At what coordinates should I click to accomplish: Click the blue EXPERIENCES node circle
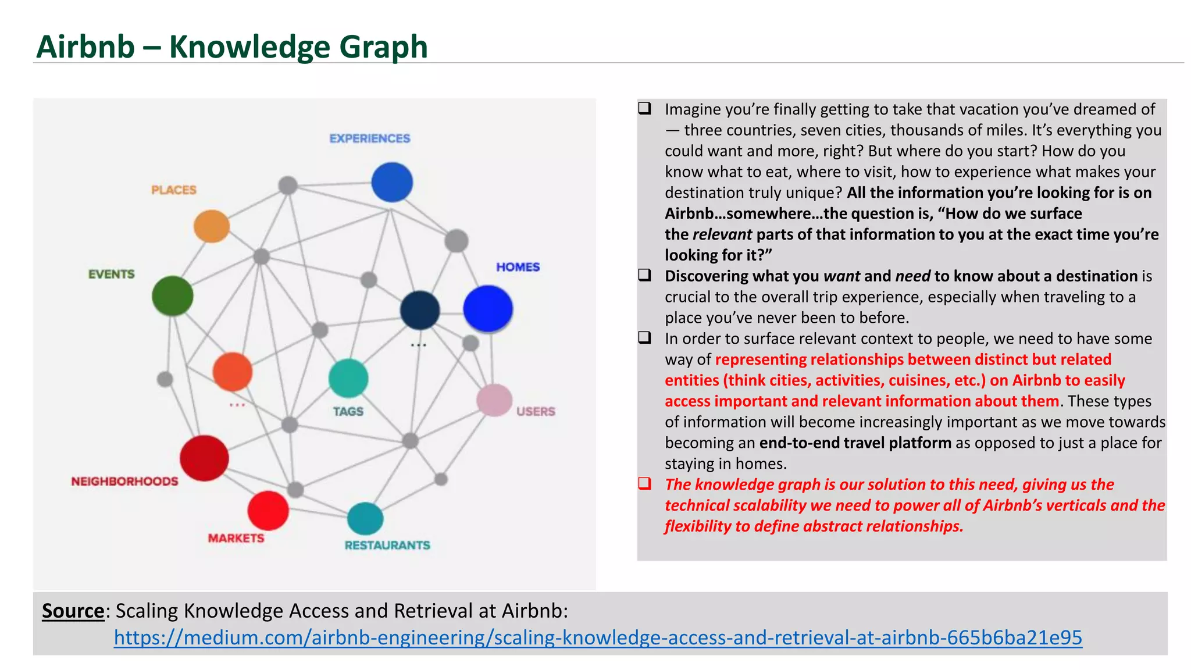click(392, 182)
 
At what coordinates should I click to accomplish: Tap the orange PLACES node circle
click(212, 226)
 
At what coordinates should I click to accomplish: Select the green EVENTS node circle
click(173, 296)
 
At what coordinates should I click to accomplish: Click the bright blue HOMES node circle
click(488, 309)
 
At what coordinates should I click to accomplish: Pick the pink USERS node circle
click(494, 400)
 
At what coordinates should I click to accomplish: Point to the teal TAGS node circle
click(348, 378)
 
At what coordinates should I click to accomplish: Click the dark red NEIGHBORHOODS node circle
click(204, 458)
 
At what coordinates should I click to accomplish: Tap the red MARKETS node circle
click(268, 511)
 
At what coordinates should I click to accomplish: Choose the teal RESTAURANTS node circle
click(365, 518)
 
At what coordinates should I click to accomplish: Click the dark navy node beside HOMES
click(420, 310)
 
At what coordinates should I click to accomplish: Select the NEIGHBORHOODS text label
click(124, 482)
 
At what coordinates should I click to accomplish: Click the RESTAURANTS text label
click(387, 546)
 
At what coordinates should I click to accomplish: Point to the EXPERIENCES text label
click(370, 138)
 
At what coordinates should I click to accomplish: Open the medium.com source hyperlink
click(598, 637)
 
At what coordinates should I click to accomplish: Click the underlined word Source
click(73, 611)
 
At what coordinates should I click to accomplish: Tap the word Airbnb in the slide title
click(85, 47)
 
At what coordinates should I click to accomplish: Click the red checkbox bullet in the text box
click(644, 484)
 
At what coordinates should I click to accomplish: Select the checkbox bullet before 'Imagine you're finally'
click(644, 109)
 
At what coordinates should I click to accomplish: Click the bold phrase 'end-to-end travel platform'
click(855, 443)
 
